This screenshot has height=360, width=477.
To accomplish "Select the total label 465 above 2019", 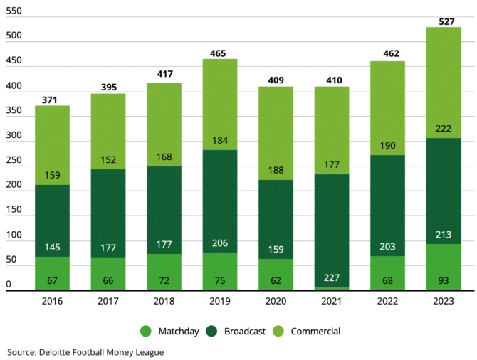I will click(x=219, y=53).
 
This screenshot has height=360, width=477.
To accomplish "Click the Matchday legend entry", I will click(x=171, y=331).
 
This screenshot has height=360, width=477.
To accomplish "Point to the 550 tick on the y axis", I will click(x=13, y=12).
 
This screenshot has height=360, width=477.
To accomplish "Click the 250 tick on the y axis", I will click(x=13, y=162).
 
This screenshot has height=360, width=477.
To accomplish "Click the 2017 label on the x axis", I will click(x=108, y=302).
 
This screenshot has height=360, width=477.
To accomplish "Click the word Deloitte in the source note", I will click(x=65, y=351).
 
